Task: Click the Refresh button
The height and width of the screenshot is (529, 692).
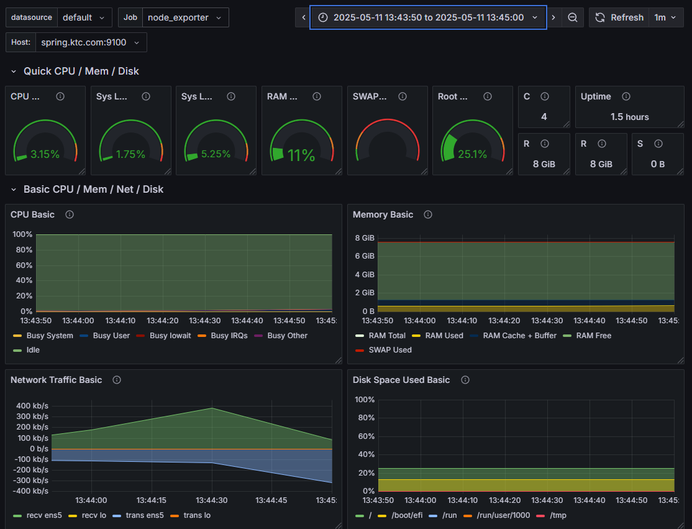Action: click(619, 17)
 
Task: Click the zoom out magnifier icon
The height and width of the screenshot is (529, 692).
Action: click(572, 17)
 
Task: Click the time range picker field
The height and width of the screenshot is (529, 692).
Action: click(428, 17)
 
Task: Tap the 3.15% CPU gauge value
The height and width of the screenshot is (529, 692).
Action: click(45, 154)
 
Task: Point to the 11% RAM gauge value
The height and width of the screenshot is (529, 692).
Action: click(301, 155)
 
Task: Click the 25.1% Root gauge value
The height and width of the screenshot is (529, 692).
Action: click(472, 154)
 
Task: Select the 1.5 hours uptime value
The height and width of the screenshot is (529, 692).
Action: click(629, 117)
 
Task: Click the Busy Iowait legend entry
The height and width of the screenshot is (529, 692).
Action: click(170, 336)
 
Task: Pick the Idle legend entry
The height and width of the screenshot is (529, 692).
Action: click(33, 350)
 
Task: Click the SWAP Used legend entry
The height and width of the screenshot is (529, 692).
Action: click(389, 350)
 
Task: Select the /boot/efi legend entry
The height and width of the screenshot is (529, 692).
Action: click(406, 515)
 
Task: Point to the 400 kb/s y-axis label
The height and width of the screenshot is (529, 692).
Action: click(32, 405)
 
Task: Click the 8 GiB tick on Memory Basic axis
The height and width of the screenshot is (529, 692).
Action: click(364, 238)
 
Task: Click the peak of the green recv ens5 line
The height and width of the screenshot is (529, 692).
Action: click(213, 408)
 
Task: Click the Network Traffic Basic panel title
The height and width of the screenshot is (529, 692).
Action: click(56, 380)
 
